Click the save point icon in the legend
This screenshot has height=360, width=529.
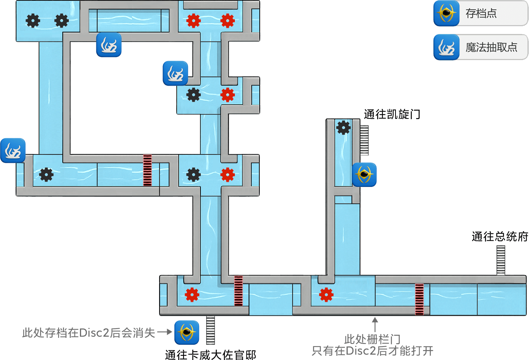446,13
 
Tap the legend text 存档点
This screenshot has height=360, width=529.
481,14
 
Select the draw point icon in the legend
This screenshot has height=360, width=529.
446,47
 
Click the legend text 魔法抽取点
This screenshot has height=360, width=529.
491,47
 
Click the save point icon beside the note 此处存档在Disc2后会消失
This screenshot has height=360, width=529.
187,332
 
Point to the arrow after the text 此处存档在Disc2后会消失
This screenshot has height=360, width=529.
165,332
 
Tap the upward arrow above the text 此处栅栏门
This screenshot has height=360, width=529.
375,324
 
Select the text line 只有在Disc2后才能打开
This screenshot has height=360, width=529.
372,350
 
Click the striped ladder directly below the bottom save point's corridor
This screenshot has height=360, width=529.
210,329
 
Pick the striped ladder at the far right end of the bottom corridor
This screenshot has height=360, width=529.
501,260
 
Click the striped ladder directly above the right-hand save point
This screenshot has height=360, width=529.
364,140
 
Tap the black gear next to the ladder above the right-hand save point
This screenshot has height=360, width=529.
343,128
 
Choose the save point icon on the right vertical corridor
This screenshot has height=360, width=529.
364,175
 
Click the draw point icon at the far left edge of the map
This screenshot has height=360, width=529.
13,151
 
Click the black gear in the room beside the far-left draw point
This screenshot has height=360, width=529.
46,175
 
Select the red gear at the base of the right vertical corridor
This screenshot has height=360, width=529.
326,295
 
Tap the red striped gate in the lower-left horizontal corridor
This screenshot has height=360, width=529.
147,170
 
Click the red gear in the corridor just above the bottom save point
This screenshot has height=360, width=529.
192,295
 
